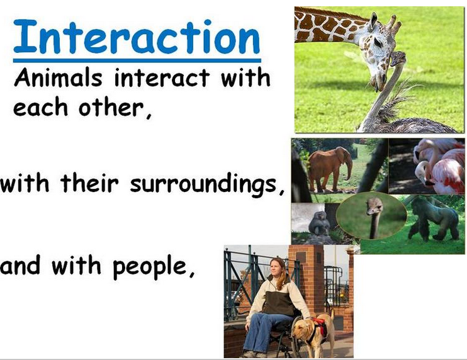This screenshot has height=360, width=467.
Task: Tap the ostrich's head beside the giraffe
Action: click(x=398, y=59)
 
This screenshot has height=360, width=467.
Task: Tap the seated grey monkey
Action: click(x=320, y=223)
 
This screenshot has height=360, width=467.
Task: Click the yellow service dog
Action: click(x=315, y=330)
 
